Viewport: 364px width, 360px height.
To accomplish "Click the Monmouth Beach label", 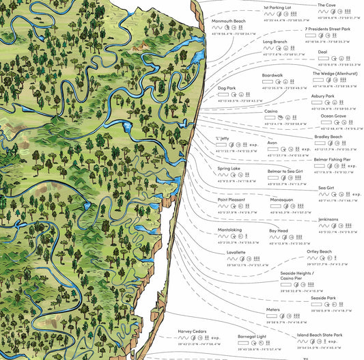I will click(x=229, y=21).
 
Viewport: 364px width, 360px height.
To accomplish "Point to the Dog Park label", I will click(x=227, y=88).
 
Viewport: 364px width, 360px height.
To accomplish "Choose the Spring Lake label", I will click(x=229, y=168).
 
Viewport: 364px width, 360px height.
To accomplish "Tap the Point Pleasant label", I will click(x=231, y=199).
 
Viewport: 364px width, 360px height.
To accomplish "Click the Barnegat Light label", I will click(x=252, y=336).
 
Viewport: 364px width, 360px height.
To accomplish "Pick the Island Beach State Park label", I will click(x=319, y=335).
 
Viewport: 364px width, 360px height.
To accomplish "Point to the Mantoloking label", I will click(x=231, y=230).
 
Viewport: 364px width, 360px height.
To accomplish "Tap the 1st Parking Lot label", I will click(x=277, y=8).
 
